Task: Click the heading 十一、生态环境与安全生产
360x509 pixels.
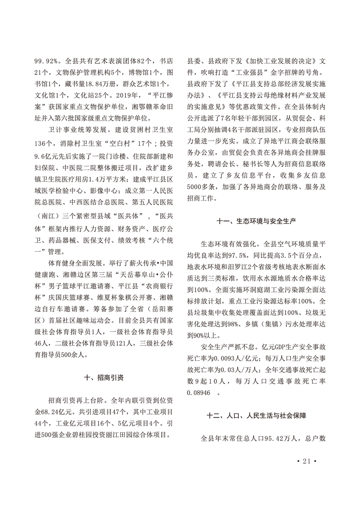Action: pos(257,221)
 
